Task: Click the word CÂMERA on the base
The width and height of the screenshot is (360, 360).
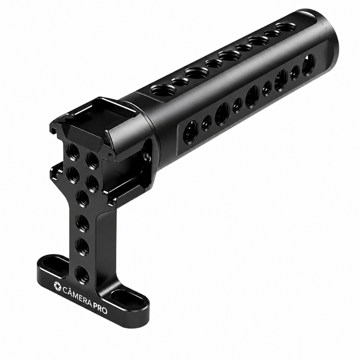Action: click(x=76, y=295)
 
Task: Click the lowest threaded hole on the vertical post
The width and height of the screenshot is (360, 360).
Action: click(x=82, y=274)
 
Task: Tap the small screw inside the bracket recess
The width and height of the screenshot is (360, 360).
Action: click(x=147, y=156)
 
